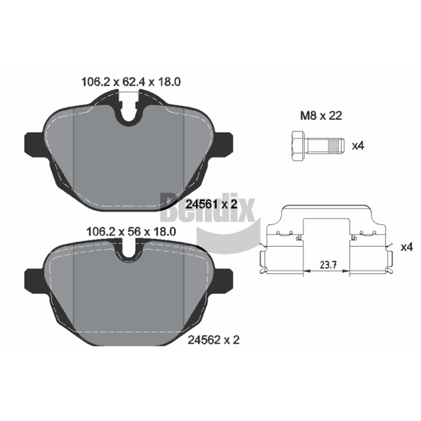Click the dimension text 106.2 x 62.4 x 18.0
pos(131,82)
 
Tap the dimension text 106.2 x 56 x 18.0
pos(131,232)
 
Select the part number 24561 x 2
pos(212,205)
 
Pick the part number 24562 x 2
pos(214,340)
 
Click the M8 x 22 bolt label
pos(321,116)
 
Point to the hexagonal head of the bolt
pos(297,146)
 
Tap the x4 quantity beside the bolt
pos(358,146)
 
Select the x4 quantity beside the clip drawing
pos(406,247)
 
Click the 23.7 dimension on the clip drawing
pos(328,265)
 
